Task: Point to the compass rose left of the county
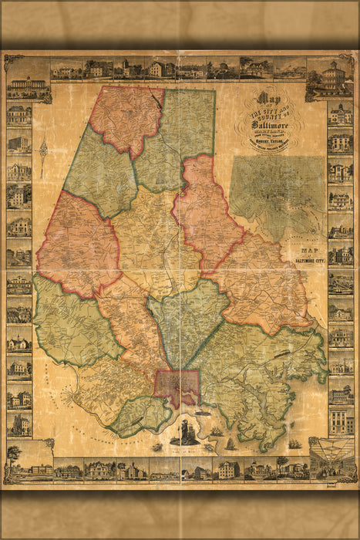click(x=44, y=149)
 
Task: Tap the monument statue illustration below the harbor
click(x=186, y=433)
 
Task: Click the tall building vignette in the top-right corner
click(x=332, y=78)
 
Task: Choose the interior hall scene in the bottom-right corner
click(x=331, y=458)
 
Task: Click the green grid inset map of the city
click(x=277, y=193)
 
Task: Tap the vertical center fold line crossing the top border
click(x=180, y=68)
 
